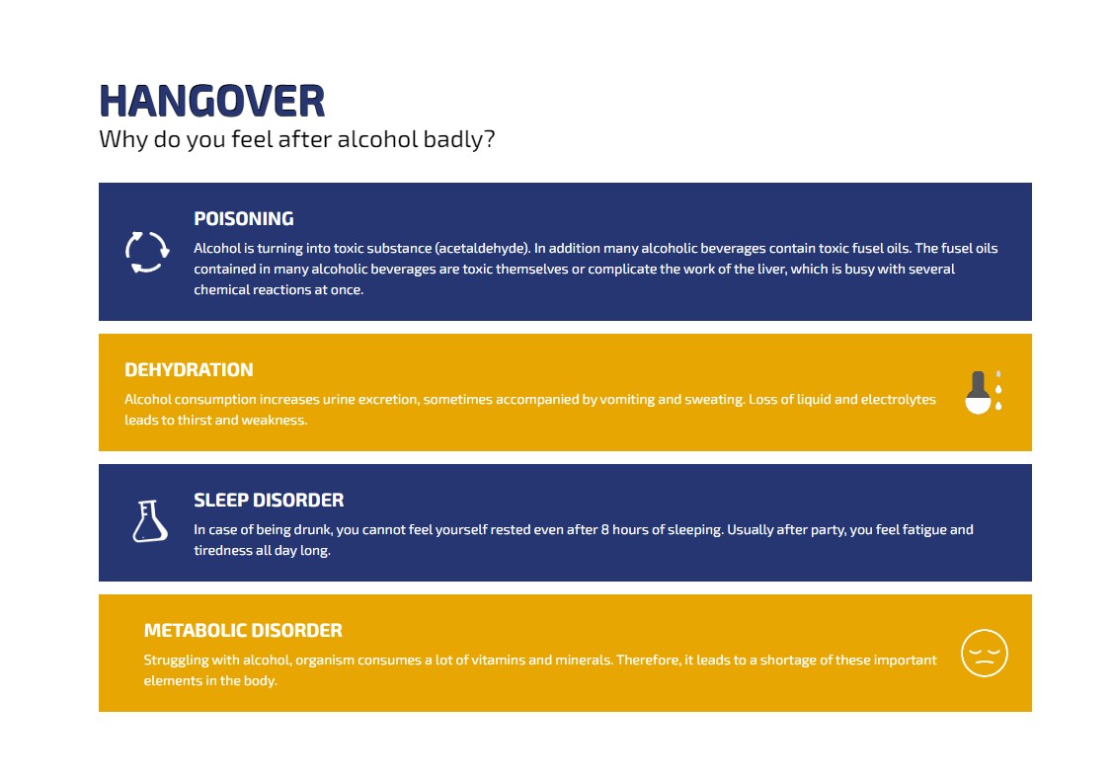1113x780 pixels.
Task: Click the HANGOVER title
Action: coord(212,101)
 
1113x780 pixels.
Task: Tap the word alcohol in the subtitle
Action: coord(377,139)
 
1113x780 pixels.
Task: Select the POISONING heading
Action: coord(244,218)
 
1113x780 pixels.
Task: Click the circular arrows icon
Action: coord(147,252)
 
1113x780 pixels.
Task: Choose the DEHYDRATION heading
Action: coord(189,370)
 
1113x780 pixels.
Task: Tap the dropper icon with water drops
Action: coord(983,392)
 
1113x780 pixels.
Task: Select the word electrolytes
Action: coord(898,400)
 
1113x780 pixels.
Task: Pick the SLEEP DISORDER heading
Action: coord(269,501)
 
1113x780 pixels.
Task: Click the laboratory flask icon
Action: coord(150,521)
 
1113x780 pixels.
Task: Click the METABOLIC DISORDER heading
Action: coord(243,631)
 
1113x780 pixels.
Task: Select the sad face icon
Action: coord(984,653)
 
